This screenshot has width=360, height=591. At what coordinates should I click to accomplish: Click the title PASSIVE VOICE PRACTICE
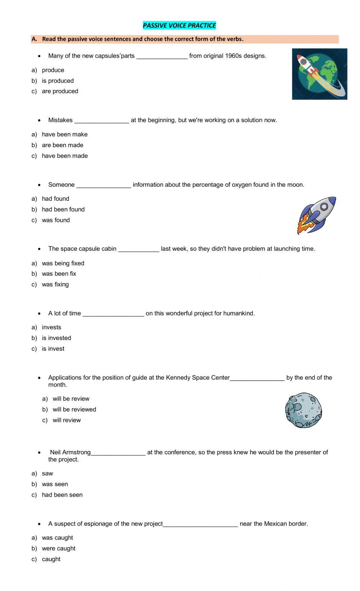[x=179, y=26]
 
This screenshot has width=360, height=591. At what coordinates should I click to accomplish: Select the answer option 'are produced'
[x=60, y=91]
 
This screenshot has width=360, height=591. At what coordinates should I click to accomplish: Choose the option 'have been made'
[x=64, y=156]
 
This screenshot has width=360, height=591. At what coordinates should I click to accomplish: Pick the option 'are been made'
[x=62, y=145]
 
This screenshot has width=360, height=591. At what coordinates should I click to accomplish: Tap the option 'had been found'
[x=63, y=209]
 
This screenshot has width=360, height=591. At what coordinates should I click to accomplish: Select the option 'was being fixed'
[x=63, y=263]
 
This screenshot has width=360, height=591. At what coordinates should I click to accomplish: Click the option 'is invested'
[x=56, y=338]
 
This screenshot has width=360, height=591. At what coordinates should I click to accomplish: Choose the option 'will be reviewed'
[x=74, y=409]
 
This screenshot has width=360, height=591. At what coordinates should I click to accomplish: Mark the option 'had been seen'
[x=62, y=495]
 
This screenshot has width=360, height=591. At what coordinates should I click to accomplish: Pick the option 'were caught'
[x=58, y=549]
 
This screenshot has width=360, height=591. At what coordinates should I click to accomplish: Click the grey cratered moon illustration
[x=303, y=410]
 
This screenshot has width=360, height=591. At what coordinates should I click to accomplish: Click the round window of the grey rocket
[x=324, y=206]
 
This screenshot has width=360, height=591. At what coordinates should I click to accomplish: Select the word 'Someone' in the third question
[x=61, y=185]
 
